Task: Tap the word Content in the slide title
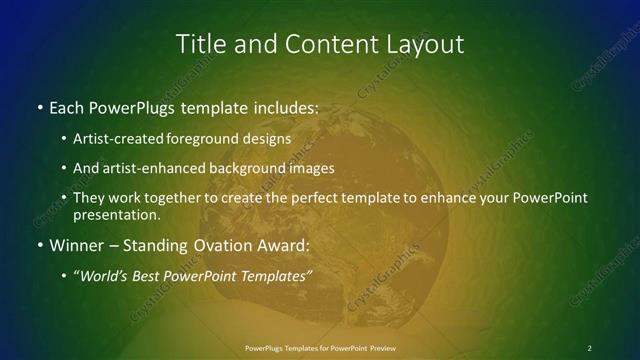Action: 322,45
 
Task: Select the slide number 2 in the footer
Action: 589,347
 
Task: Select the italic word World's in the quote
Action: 107,273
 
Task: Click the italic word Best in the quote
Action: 151,273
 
